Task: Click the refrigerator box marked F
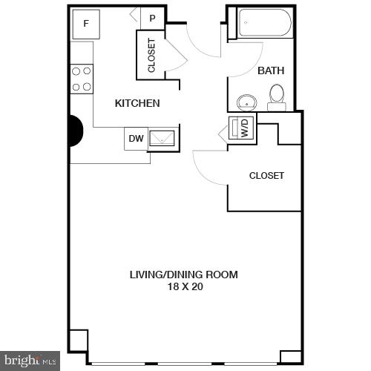coord(86,24)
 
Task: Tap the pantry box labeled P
coord(152,19)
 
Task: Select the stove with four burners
coord(82,79)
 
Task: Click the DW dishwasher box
coord(136,138)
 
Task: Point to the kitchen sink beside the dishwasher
coord(162,137)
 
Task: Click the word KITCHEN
coord(137,103)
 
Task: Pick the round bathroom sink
coord(245,102)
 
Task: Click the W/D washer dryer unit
coord(243,128)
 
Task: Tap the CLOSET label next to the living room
coord(266,176)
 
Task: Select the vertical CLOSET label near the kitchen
coord(151,55)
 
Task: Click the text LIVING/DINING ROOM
coord(184,275)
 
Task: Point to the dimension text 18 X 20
coord(184,286)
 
